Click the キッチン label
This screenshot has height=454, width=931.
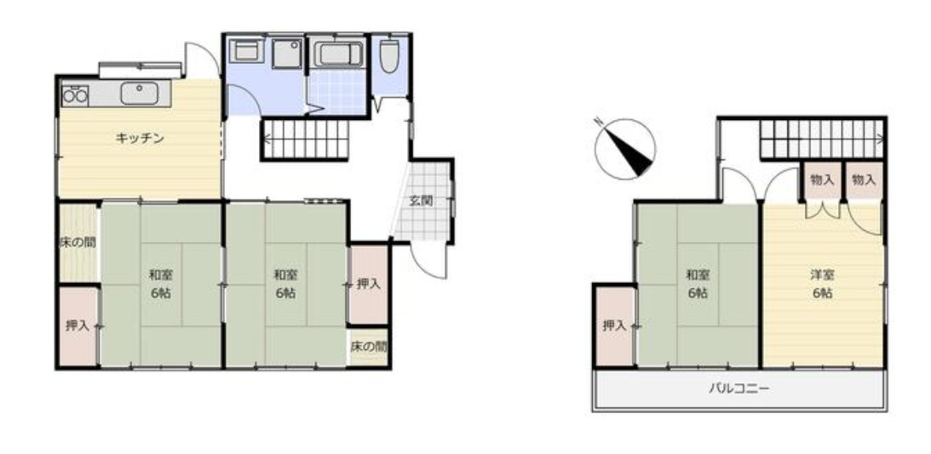[139, 138]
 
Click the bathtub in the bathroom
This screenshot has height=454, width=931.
[338, 55]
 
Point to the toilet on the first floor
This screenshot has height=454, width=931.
[390, 55]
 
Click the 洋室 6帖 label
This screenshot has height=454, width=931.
[822, 284]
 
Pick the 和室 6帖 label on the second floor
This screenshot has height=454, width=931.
[697, 284]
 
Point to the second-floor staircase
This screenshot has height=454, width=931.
[822, 139]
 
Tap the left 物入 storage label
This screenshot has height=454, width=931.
[822, 181]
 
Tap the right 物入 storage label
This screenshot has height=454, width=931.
[863, 181]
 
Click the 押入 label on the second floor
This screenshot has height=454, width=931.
[614, 325]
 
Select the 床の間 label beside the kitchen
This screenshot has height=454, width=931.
[78, 242]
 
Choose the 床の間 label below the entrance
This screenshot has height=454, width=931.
[369, 348]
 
